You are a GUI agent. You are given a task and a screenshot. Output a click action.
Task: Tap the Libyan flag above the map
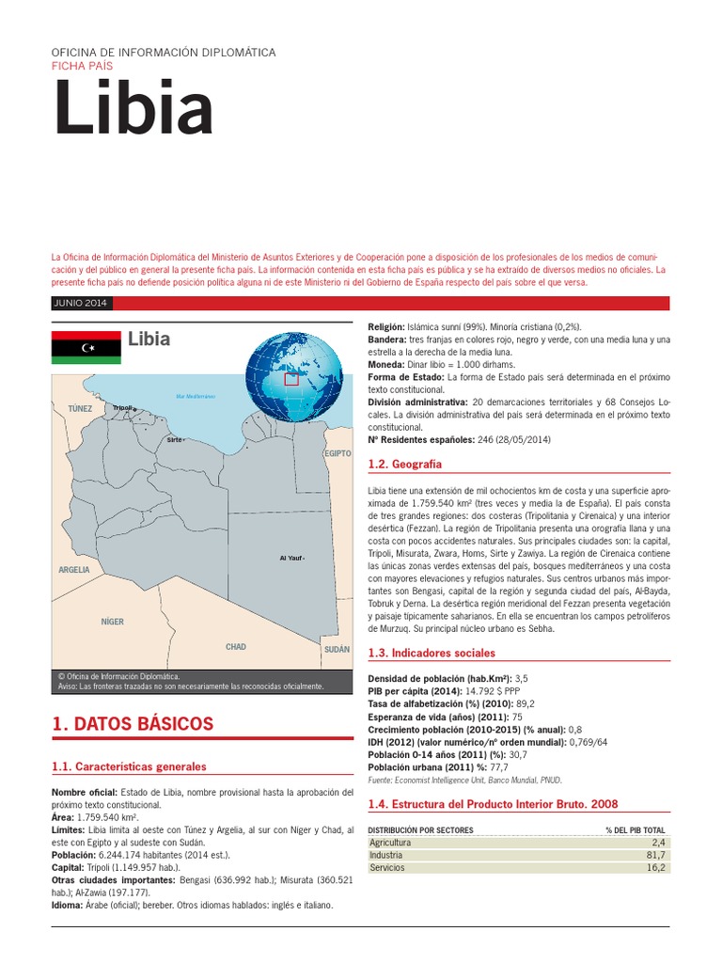tap(86, 347)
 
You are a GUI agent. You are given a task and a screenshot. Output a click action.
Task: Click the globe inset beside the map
tap(284, 376)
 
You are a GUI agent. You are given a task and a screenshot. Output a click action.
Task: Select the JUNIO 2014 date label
tap(82, 303)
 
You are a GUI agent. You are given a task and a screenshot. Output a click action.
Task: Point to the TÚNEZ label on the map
tap(81, 409)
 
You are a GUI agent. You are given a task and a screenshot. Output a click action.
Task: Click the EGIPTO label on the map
tap(337, 453)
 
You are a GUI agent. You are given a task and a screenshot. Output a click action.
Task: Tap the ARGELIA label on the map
tap(74, 570)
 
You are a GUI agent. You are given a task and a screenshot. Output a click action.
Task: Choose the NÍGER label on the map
tap(113, 622)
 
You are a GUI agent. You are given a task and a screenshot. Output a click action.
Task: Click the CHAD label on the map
tap(236, 647)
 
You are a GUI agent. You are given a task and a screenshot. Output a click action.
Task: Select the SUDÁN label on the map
tap(336, 650)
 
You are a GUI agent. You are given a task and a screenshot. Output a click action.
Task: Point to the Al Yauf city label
tap(290, 559)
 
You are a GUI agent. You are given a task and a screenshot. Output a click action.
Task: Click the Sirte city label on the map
tap(173, 439)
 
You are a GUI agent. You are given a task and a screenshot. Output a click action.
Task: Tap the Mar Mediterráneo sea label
tap(196, 396)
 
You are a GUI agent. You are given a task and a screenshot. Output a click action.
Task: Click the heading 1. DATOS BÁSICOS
tap(133, 723)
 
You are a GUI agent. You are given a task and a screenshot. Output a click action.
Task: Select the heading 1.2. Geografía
tap(404, 465)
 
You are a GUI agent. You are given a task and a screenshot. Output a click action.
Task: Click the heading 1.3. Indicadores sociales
tap(432, 653)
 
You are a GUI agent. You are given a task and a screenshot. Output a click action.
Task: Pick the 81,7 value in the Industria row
tap(655, 856)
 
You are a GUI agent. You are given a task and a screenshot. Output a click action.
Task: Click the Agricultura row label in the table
tap(390, 844)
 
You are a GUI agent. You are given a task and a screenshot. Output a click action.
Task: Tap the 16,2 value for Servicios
tap(655, 868)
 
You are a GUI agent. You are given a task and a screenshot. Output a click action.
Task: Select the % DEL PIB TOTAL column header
tap(636, 830)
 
